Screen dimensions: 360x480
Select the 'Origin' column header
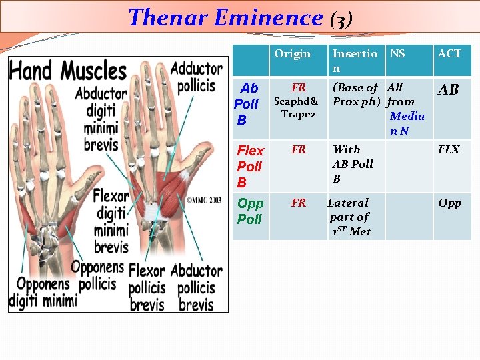[x=292, y=54]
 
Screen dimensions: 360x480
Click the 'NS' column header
[x=397, y=54]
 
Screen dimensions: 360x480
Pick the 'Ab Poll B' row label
[x=247, y=104]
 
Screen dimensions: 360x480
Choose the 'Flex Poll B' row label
[x=251, y=167]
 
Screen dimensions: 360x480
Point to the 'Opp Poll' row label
[x=251, y=211]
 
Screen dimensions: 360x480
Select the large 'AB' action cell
[x=449, y=90]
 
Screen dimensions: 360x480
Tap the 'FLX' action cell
[x=449, y=150]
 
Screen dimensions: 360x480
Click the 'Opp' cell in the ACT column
[x=449, y=203]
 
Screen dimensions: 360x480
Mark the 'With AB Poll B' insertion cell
[x=353, y=164]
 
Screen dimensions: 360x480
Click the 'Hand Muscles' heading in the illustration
[x=68, y=71]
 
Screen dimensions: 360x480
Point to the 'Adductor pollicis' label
[x=197, y=77]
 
